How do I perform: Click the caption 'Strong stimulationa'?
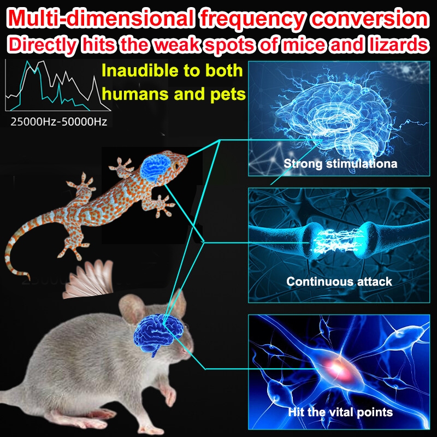tap(340, 163)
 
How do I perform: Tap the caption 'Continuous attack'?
tap(339, 282)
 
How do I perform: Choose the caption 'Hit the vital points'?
tap(340, 412)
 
